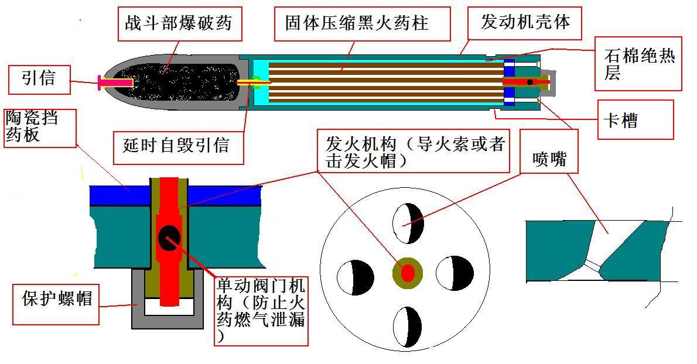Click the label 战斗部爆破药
(179, 23)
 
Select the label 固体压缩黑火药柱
(357, 23)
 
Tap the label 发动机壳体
(525, 22)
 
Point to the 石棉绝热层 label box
(638, 64)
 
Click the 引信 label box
(39, 78)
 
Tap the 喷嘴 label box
(549, 158)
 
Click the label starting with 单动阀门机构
(261, 311)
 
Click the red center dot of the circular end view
(407, 273)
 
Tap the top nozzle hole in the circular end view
(408, 223)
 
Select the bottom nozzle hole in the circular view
(408, 325)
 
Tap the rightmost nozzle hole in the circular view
(456, 273)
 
